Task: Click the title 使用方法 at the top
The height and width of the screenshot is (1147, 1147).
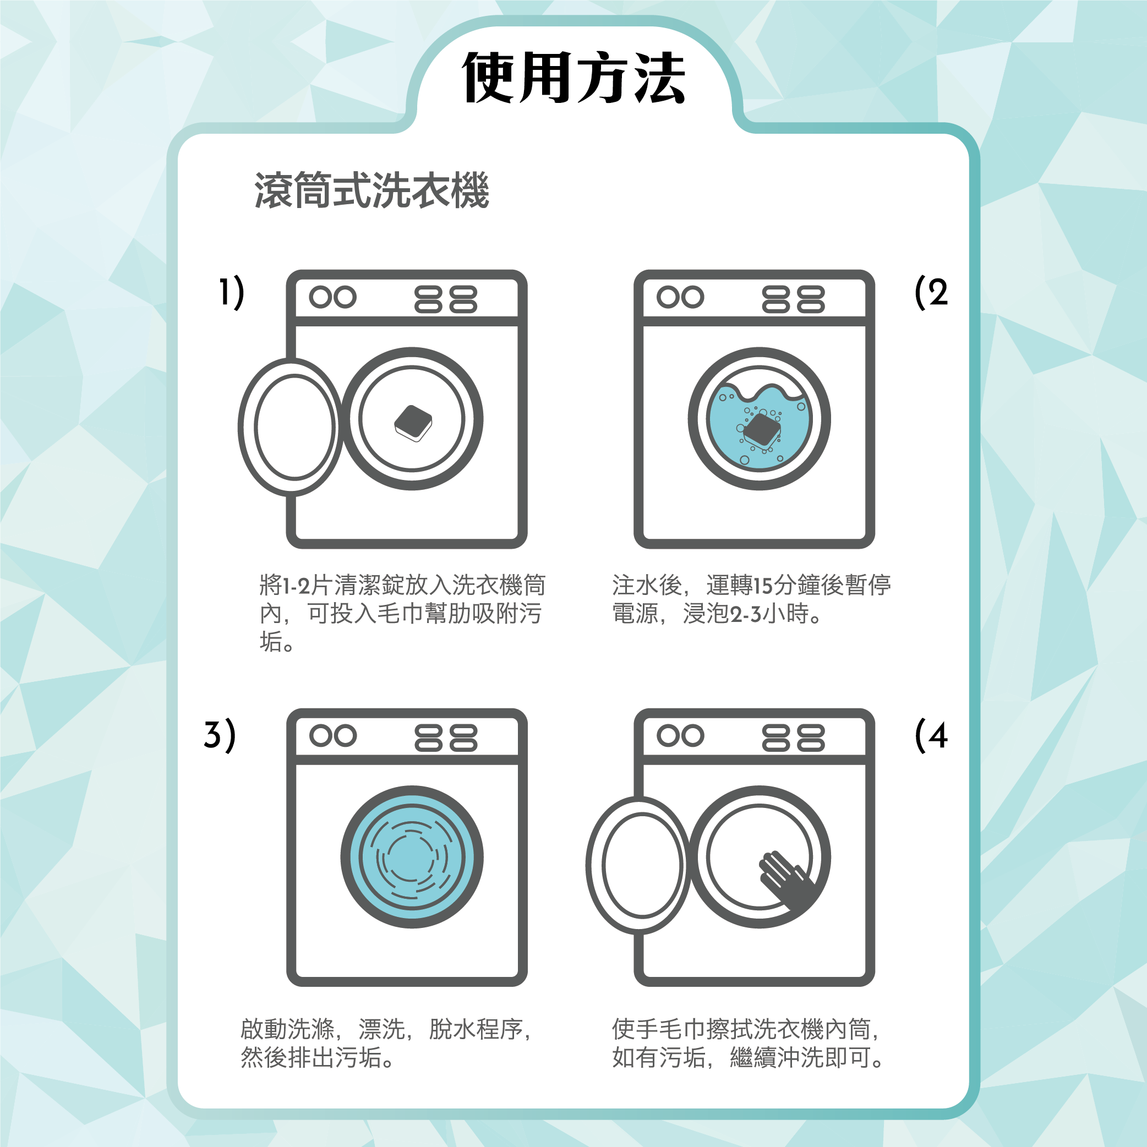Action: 573,77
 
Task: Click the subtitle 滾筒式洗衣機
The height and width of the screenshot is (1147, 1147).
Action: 372,190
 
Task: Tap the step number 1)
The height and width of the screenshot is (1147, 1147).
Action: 231,292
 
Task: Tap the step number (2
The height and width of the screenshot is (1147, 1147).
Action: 931,292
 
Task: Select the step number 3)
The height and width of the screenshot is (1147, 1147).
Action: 220,735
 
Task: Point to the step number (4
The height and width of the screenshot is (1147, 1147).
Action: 931,735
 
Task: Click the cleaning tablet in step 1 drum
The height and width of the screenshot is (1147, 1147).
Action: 413,423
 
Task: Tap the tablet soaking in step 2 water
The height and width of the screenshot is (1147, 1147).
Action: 762,429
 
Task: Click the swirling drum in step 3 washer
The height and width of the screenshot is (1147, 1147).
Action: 412,857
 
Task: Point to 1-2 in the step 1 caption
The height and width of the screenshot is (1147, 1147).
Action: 296,586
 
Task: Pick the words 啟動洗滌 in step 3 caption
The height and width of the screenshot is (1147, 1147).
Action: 287,1029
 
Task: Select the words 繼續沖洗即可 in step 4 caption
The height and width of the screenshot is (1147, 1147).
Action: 800,1057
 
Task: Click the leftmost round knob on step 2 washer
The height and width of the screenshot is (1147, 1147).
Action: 668,297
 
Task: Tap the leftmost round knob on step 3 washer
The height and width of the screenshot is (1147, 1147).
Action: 320,735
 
